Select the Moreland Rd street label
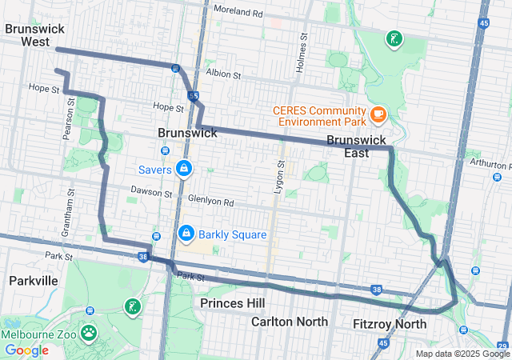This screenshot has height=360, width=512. click(x=238, y=14)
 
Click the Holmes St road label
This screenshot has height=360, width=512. click(x=303, y=53)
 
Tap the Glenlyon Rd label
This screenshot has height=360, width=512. click(x=210, y=202)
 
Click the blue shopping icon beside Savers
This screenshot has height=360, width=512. click(x=184, y=168)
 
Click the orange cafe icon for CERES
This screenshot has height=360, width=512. click(x=378, y=115)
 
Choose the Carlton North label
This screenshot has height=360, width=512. click(x=289, y=322)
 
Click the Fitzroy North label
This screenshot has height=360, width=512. click(x=390, y=324)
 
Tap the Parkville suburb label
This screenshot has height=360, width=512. click(x=33, y=281)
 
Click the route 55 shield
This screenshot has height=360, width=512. click(x=193, y=96)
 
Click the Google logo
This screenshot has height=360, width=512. click(x=26, y=350)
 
